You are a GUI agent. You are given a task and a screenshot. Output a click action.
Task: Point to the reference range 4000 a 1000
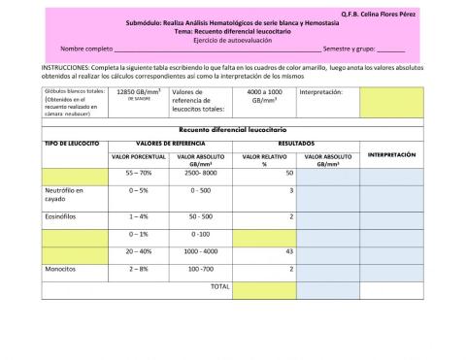point(263,92)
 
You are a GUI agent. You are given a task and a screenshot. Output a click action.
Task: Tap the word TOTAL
point(219,286)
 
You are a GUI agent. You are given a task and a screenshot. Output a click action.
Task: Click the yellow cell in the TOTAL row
point(264,287)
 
